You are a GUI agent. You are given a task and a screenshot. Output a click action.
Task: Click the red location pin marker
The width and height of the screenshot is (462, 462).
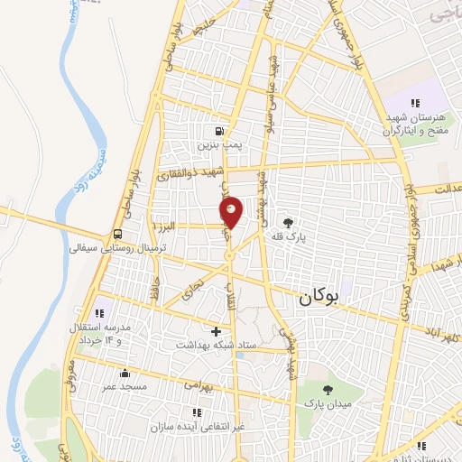click(232, 213)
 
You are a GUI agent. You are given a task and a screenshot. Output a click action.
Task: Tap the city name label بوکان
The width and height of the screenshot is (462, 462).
click(320, 295)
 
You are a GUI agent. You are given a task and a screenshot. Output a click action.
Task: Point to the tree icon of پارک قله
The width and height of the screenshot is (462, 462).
click(288, 222)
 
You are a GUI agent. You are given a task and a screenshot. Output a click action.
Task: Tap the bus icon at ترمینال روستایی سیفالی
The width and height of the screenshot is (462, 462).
click(118, 232)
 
